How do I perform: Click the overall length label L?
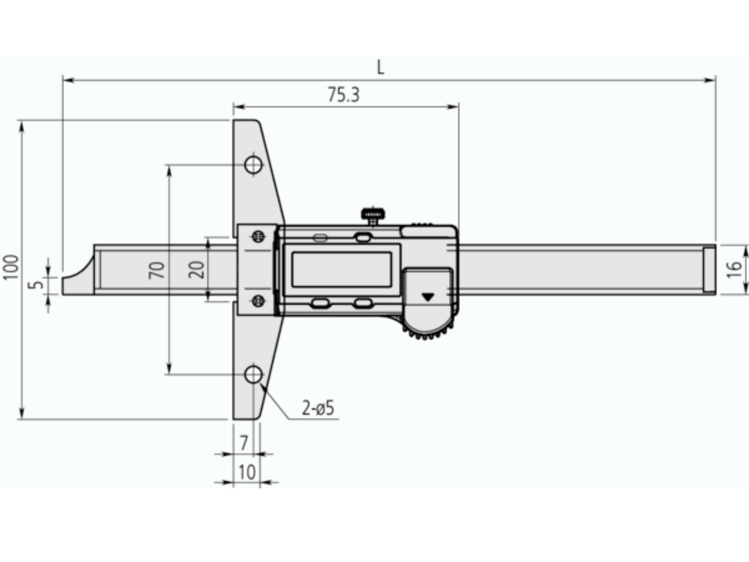click(381, 67)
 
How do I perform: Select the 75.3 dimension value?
click(343, 95)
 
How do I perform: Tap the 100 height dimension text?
click(11, 267)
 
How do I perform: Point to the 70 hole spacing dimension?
click(156, 270)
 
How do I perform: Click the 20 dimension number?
click(196, 270)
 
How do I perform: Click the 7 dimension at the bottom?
click(244, 443)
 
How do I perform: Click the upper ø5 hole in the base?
click(254, 165)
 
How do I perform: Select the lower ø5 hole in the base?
click(254, 375)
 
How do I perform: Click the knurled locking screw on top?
click(373, 214)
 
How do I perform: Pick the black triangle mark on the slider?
click(428, 297)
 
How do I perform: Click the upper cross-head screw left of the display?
click(258, 236)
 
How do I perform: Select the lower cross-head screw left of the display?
click(258, 300)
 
